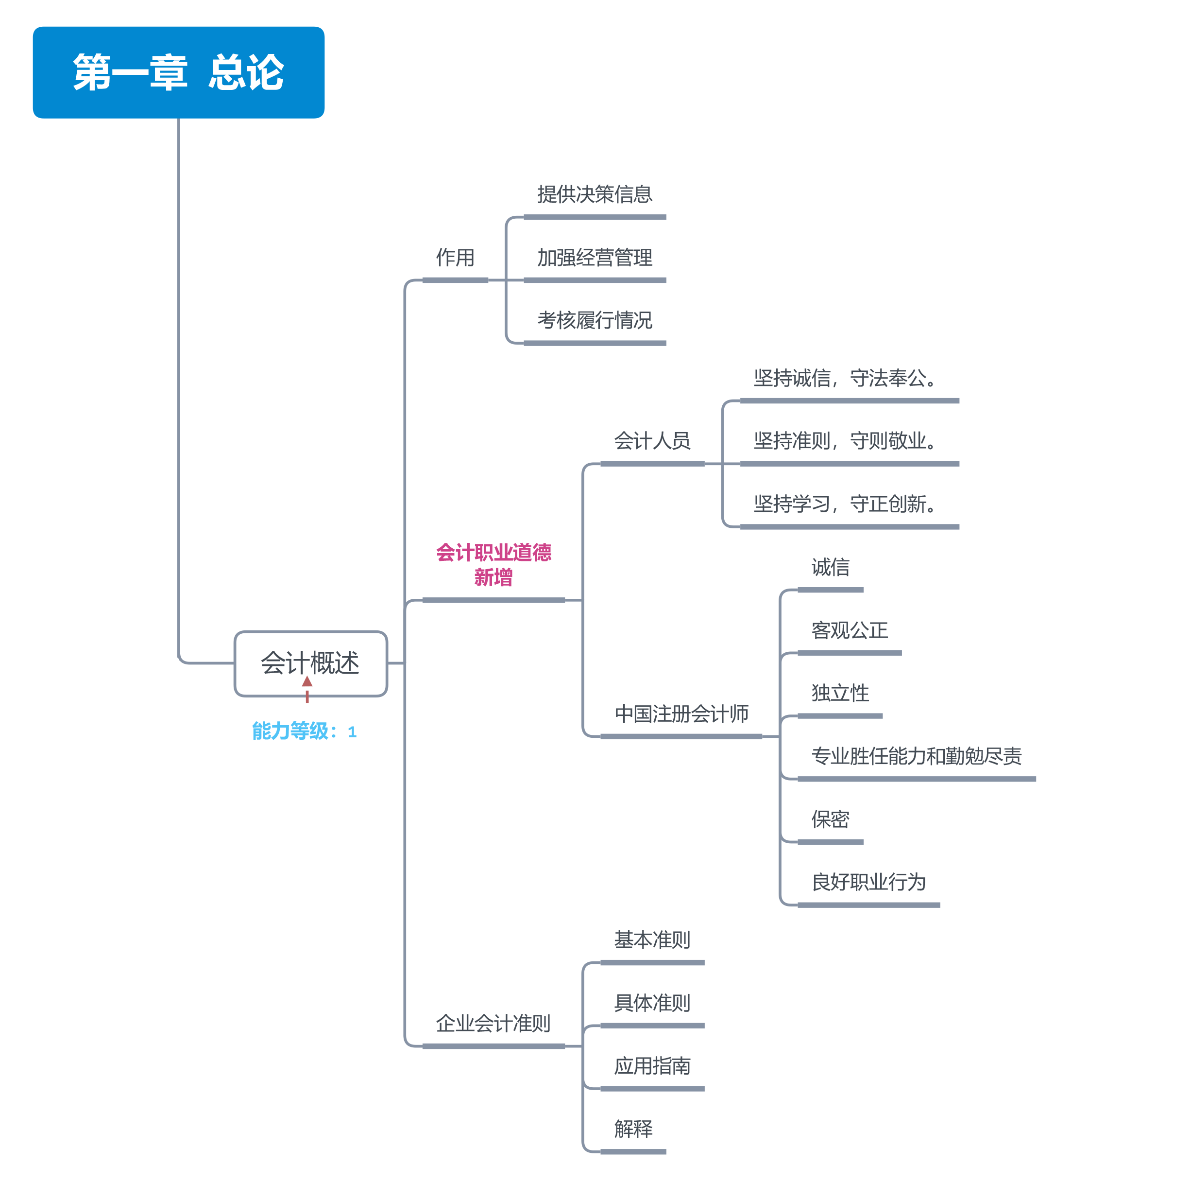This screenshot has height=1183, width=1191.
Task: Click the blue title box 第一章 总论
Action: click(x=178, y=72)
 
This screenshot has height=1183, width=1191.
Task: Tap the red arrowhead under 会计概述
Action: click(x=307, y=681)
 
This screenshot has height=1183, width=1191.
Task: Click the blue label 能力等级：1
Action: click(x=304, y=731)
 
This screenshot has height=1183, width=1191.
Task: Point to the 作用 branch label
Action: click(x=455, y=257)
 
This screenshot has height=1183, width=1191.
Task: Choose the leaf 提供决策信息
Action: click(x=594, y=194)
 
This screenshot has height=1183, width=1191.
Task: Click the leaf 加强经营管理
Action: click(x=594, y=257)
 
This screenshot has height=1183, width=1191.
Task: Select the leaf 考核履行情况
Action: click(x=594, y=320)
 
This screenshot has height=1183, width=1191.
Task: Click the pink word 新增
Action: click(x=493, y=577)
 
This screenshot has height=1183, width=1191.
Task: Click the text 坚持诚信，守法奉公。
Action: click(x=845, y=378)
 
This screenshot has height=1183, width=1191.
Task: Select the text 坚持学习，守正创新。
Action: click(x=845, y=504)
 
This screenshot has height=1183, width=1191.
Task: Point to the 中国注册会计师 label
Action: click(x=681, y=713)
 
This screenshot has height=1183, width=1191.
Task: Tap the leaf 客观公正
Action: click(x=849, y=630)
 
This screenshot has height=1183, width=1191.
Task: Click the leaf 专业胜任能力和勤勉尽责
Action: click(x=916, y=756)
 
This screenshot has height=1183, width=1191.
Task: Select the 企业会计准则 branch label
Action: click(x=493, y=1023)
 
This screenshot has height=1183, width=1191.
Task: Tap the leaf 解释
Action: click(x=632, y=1129)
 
